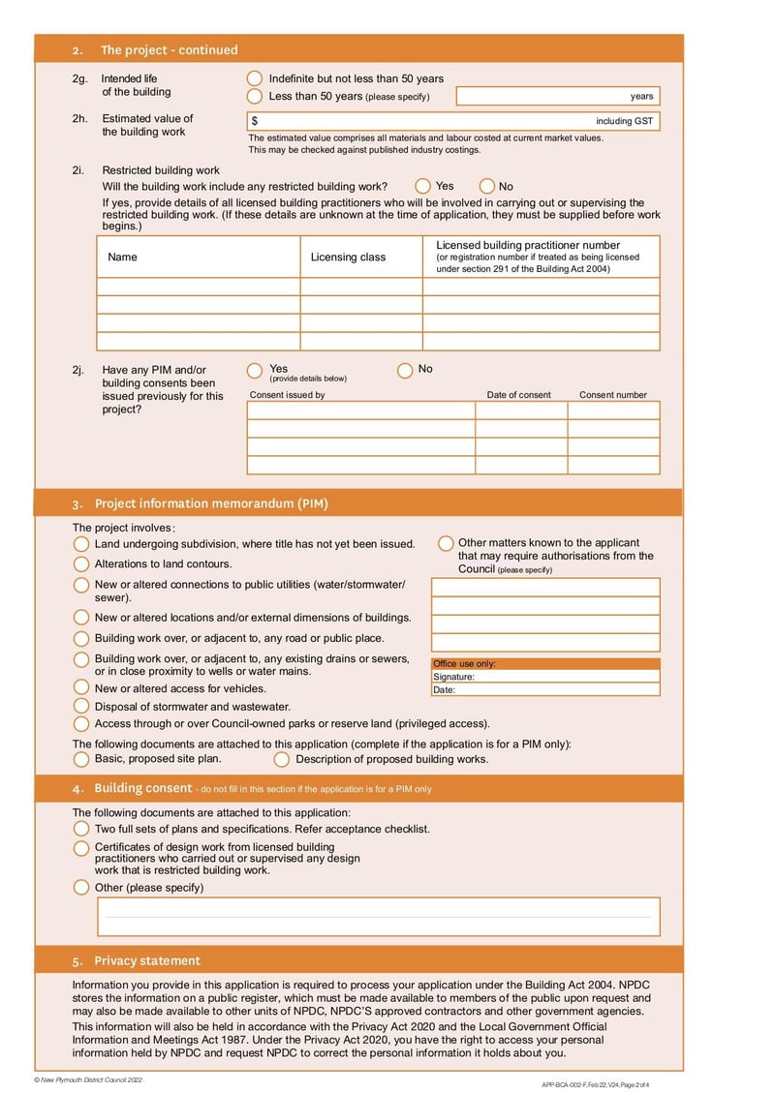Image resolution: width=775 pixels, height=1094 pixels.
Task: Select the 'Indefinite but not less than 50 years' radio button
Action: click(255, 78)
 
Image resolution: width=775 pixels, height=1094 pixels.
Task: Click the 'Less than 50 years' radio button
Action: click(255, 96)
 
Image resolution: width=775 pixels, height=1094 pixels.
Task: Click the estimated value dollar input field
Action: click(426, 121)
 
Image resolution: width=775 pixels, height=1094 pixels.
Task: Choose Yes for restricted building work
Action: click(423, 186)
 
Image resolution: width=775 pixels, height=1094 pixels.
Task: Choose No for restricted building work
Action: click(487, 186)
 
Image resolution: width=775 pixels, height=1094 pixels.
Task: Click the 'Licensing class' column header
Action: click(348, 258)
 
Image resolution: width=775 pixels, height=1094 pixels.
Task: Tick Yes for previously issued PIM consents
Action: click(255, 370)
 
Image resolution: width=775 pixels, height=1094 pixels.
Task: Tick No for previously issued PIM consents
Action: click(405, 370)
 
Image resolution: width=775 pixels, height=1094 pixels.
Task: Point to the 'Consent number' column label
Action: click(613, 395)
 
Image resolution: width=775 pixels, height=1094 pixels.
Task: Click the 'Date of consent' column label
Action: click(518, 395)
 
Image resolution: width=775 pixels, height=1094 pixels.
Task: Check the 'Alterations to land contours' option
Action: click(81, 563)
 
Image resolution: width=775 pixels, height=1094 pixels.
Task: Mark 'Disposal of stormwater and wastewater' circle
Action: click(81, 707)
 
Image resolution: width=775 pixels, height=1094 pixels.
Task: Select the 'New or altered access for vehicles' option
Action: click(81, 687)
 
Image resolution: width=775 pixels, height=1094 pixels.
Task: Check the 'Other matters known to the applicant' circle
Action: click(446, 543)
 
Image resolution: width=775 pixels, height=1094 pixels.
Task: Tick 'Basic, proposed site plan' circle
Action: click(81, 759)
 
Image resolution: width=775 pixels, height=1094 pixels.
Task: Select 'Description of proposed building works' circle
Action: click(282, 759)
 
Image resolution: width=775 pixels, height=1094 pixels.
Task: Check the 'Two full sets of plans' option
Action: click(81, 829)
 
